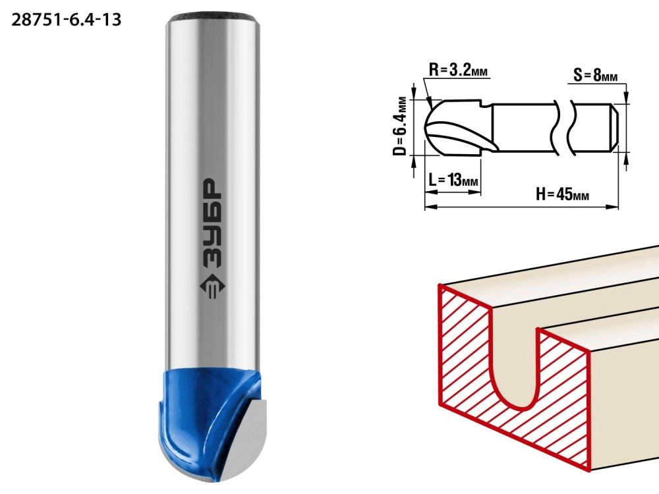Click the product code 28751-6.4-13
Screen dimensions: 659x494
coord(67,20)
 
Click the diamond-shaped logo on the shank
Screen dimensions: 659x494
coord(212,288)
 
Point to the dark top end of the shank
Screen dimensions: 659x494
coord(212,18)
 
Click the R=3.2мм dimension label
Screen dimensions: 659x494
coord(458,70)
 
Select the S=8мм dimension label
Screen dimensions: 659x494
coord(596,76)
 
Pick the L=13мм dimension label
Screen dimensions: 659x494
coord(453,180)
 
